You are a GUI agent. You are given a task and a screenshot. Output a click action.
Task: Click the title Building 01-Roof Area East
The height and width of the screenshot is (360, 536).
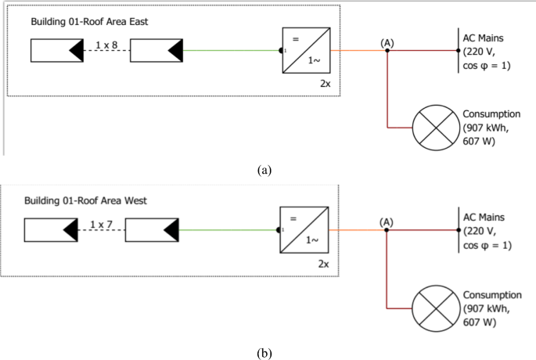click(89, 22)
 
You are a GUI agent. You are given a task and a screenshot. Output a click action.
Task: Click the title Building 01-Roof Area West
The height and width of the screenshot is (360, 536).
click(86, 201)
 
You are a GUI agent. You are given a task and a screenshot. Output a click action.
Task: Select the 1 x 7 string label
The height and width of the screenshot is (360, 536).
click(100, 225)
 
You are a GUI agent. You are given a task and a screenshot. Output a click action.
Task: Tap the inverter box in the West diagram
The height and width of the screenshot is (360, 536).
click(303, 230)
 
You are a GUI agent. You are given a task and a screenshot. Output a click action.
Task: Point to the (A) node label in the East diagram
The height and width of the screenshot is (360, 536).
click(386, 41)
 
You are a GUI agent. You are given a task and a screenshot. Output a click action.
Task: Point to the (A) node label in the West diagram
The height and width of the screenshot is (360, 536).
click(386, 221)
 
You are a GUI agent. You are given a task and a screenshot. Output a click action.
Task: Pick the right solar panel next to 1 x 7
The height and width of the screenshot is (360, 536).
click(152, 230)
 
